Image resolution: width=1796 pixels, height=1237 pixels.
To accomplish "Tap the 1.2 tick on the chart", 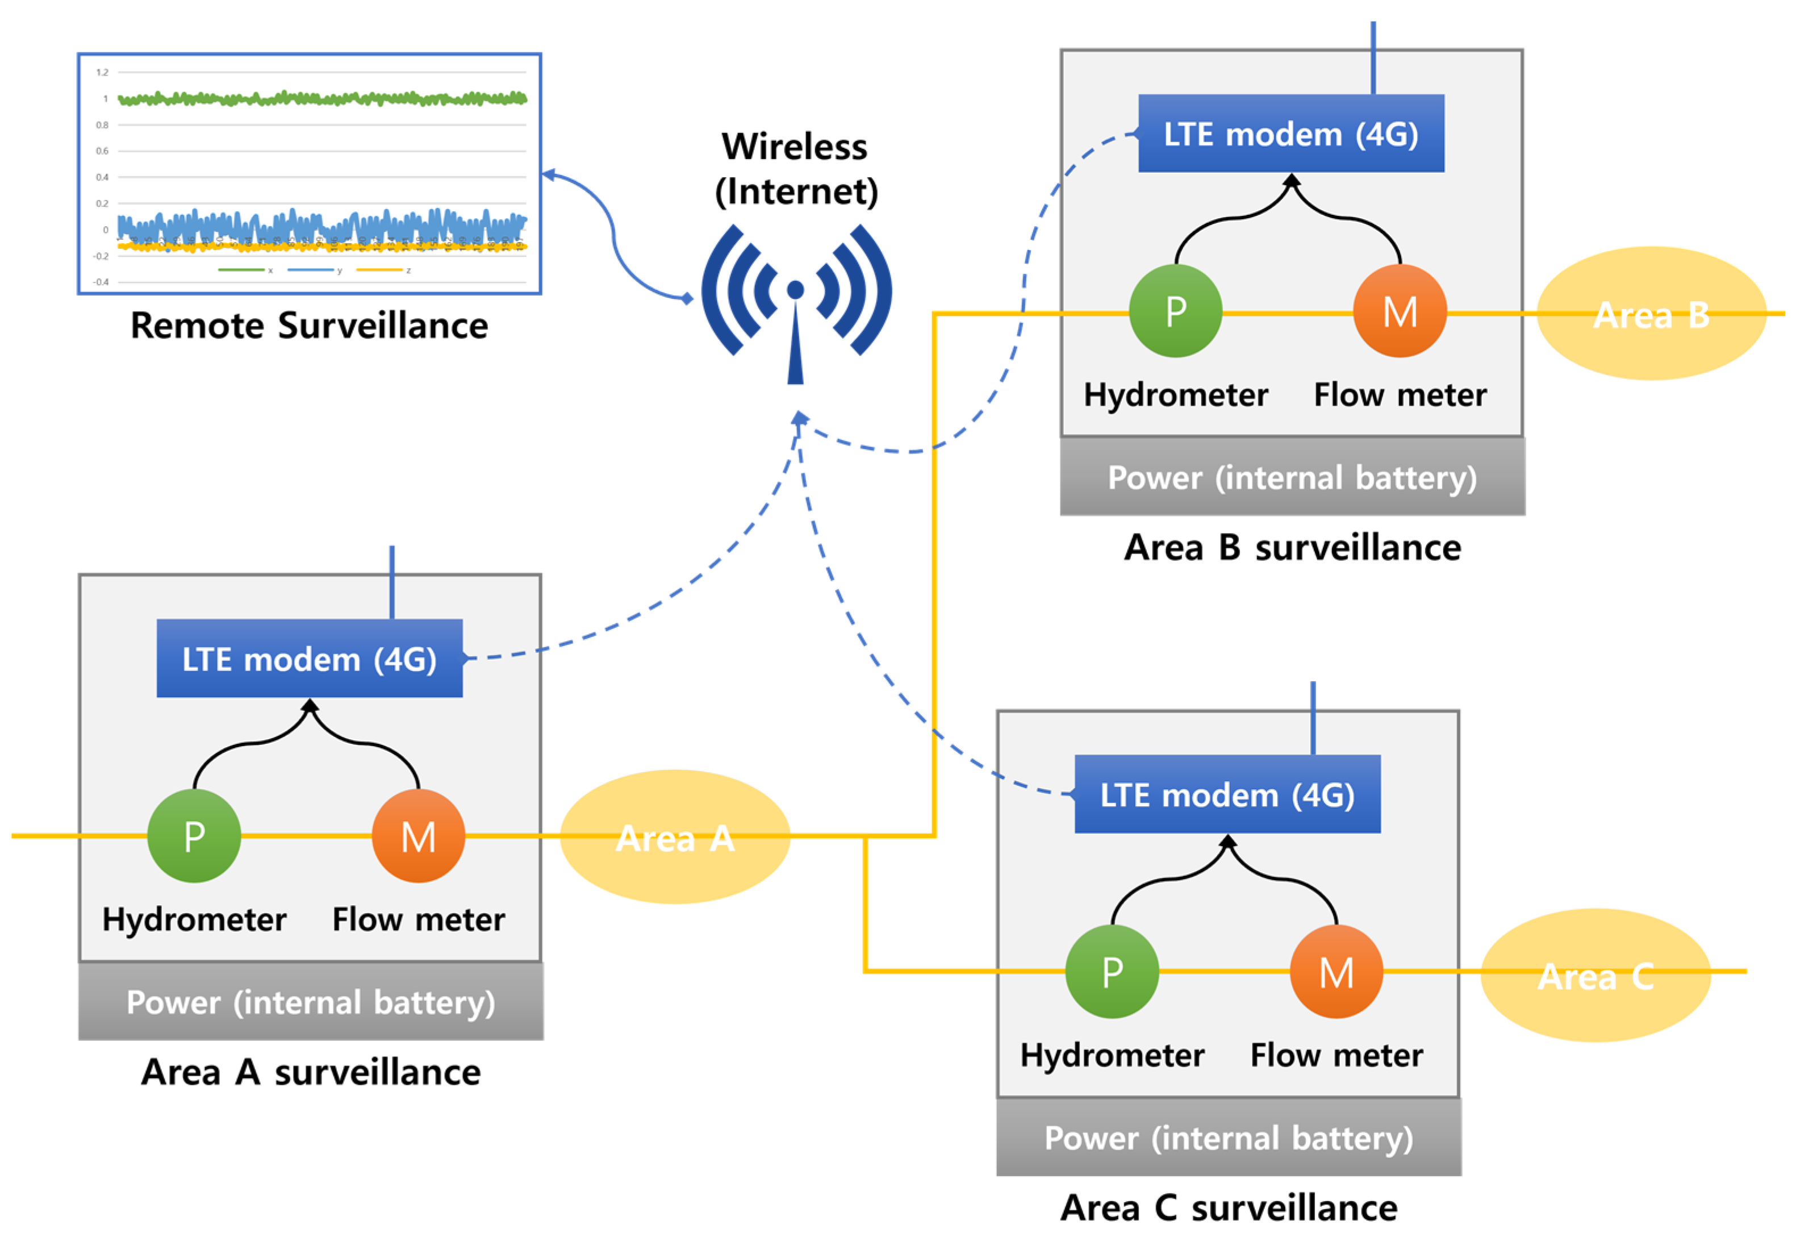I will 102,73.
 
